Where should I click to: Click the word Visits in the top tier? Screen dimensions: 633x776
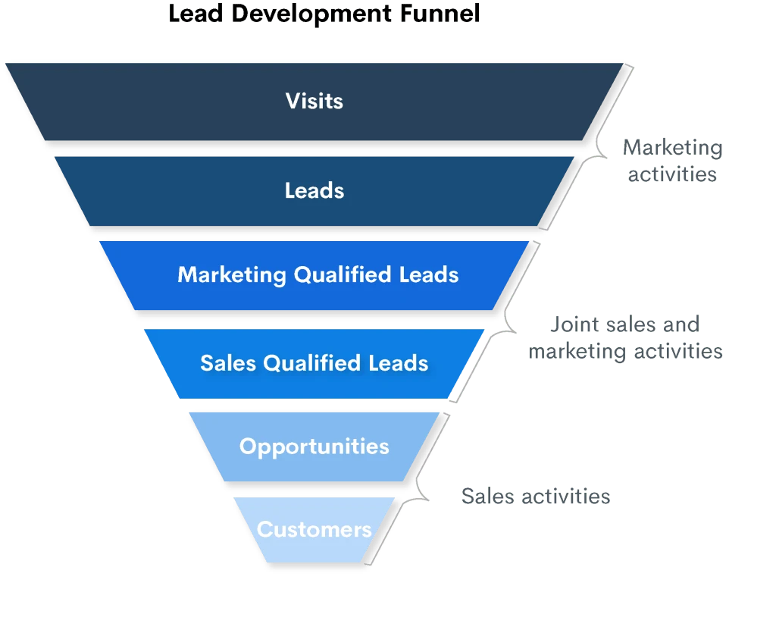pos(314,101)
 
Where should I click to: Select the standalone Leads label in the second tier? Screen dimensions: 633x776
pos(314,190)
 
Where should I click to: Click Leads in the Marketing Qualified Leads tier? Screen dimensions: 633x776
pos(429,274)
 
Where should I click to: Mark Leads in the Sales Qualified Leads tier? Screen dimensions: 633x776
pos(399,363)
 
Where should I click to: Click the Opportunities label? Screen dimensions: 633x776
pos(314,446)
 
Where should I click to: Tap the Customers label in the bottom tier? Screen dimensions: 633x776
pos(314,529)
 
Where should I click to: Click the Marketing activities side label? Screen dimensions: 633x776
pos(671,160)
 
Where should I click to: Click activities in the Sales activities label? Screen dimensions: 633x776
pos(565,497)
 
